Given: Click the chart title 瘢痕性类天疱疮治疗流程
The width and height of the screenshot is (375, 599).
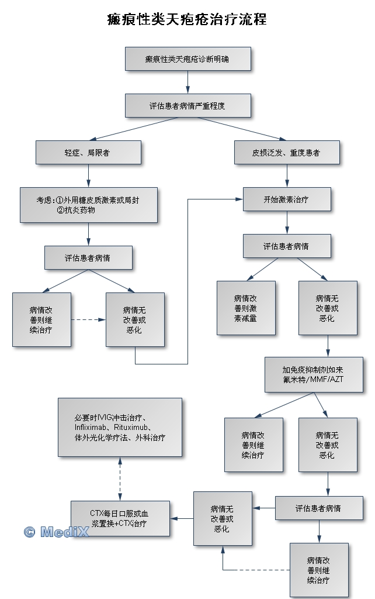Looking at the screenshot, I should click(x=187, y=19).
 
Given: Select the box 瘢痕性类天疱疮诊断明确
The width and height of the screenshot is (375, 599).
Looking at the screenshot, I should click(x=188, y=59).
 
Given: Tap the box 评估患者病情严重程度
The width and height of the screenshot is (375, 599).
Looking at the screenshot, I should click(x=188, y=106).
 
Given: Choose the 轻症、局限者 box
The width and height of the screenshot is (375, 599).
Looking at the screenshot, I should click(x=88, y=152).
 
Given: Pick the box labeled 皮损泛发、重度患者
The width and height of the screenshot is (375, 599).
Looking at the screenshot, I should click(x=286, y=152).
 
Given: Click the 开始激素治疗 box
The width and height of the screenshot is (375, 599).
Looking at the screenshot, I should click(x=286, y=199).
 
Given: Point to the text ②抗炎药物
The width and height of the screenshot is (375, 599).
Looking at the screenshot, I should click(x=76, y=210).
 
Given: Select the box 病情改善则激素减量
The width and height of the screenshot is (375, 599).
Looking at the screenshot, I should click(x=246, y=308).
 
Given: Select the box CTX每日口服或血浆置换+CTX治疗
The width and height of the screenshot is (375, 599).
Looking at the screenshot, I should click(x=120, y=518).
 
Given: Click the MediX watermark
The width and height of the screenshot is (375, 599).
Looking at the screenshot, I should click(x=56, y=532).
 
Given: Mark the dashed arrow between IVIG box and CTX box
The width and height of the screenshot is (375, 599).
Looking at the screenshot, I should click(x=120, y=478).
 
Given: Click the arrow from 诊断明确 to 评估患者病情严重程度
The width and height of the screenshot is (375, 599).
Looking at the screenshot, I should click(x=188, y=82).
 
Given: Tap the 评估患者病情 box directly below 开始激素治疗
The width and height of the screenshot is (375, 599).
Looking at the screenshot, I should click(x=286, y=246).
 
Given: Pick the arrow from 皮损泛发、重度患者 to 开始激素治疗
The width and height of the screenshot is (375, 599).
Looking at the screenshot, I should click(x=286, y=175).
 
